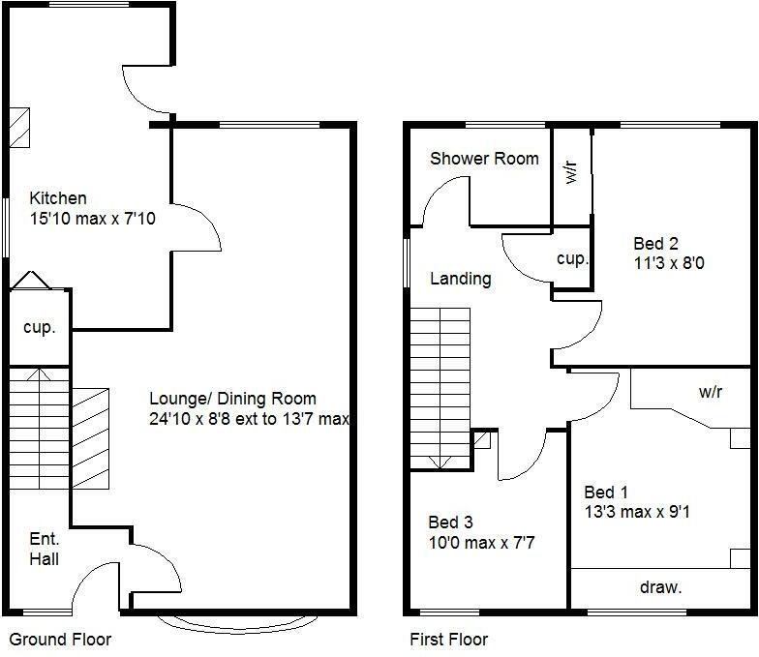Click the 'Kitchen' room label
(57, 198)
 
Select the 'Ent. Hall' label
(44, 549)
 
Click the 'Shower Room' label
(484, 158)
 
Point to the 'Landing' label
(460, 279)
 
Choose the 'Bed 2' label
(655, 243)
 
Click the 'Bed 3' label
(450, 523)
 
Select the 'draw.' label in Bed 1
(660, 586)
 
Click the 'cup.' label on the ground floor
(40, 327)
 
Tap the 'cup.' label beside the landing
(572, 259)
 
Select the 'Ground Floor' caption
(60, 640)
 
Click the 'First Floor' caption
(448, 640)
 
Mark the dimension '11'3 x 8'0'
(668, 261)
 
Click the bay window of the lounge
(224, 619)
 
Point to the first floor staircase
(440, 387)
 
